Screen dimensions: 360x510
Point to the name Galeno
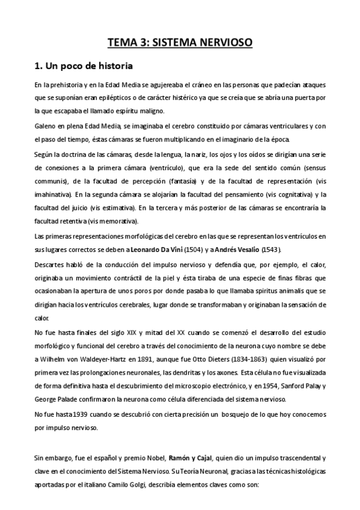pyautogui.click(x=45, y=126)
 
